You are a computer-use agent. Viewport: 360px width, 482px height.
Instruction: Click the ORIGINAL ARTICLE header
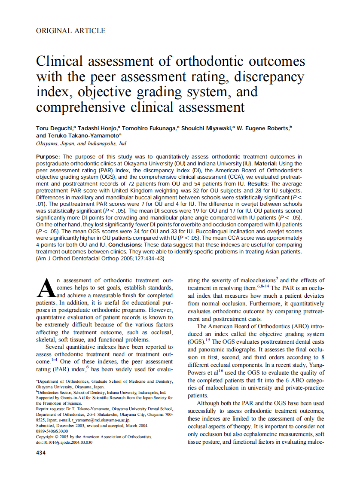70,31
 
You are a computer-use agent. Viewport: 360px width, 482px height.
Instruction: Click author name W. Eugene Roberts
265,128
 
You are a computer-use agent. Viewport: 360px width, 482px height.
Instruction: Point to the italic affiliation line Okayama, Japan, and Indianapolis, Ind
81,143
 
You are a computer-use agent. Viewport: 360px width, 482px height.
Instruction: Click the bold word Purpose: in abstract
49,156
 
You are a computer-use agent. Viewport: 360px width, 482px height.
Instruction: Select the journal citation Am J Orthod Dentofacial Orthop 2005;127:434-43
101,259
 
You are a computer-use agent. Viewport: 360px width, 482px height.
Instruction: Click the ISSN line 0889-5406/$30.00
52,431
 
